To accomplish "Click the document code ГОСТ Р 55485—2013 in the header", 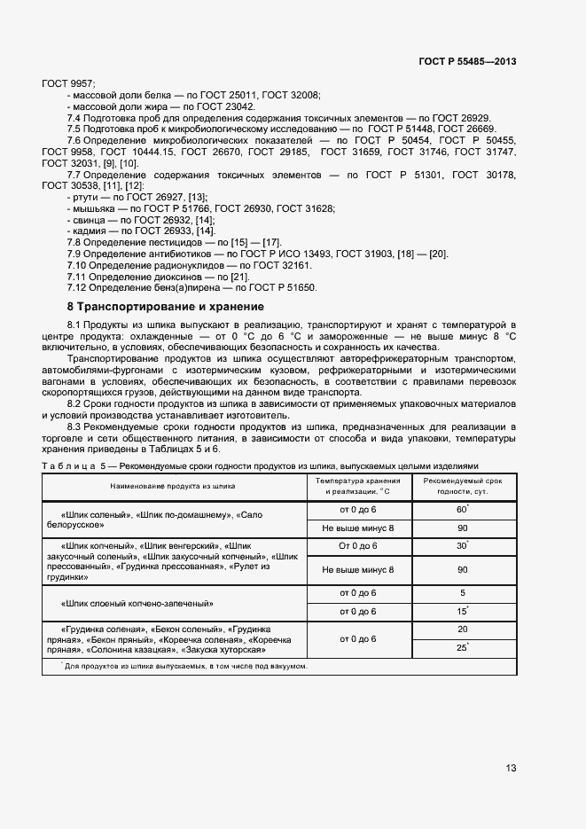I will coord(467,61).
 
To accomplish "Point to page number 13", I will coord(511,768).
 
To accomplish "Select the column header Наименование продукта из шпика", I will coord(173,486).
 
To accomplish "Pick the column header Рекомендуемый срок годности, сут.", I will coord(462,486).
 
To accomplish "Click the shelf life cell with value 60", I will coord(462,510).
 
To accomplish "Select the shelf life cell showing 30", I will coord(462,545).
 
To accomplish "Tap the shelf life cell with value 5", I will coord(462,592).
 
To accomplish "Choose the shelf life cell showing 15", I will coord(462,612).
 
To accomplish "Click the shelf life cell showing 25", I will coord(462,648).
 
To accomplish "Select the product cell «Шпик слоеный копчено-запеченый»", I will coord(137,603).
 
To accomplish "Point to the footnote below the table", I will coord(186,666).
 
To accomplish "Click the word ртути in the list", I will coord(87,197).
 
